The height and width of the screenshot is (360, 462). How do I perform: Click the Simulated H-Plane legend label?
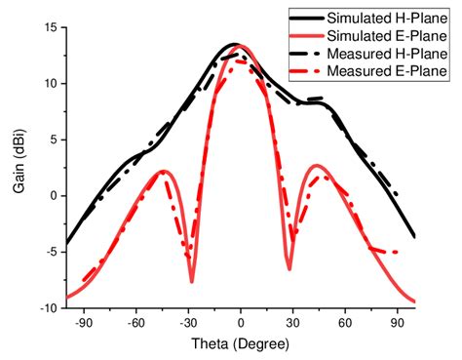click(388, 18)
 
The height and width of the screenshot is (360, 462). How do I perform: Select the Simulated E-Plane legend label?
click(388, 35)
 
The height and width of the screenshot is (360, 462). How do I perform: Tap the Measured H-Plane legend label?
click(388, 53)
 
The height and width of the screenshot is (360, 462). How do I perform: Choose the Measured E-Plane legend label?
click(388, 70)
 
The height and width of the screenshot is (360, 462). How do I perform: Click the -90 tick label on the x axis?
click(85, 322)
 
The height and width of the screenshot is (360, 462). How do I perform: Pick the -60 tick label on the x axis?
click(136, 322)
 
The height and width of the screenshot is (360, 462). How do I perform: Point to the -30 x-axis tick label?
click(189, 322)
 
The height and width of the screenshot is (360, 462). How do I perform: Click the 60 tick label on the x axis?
click(345, 322)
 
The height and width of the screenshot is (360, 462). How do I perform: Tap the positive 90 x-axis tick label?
click(397, 322)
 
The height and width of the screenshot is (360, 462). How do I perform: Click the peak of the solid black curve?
click(235, 44)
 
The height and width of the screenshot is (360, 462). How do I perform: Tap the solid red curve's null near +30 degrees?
click(289, 268)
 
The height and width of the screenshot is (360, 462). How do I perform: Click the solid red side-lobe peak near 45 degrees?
click(319, 166)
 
